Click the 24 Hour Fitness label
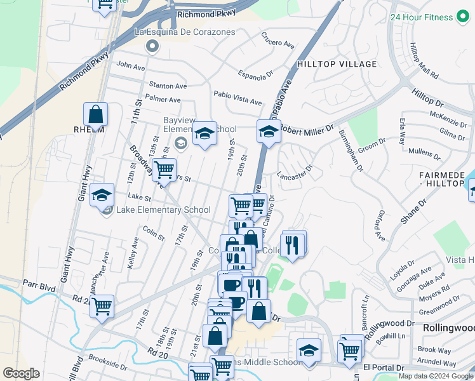422,17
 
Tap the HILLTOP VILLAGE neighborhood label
328,64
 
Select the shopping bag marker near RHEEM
95,116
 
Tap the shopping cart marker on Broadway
164,170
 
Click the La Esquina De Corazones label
185,32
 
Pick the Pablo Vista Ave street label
237,97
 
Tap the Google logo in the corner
22,373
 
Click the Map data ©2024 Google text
436,376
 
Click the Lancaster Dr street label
295,172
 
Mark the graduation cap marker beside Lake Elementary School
102,196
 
